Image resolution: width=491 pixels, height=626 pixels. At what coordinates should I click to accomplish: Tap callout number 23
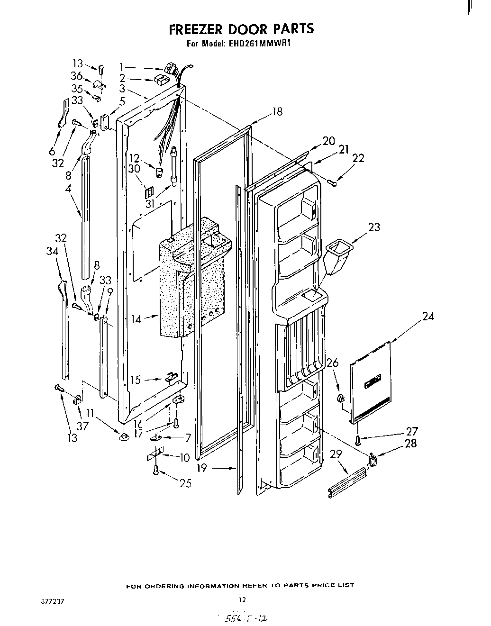tap(374, 227)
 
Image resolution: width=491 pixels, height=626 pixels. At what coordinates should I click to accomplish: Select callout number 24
tap(428, 316)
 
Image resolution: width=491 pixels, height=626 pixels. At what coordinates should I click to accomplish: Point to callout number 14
tap(136, 319)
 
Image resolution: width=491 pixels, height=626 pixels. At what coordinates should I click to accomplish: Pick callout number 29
tap(336, 454)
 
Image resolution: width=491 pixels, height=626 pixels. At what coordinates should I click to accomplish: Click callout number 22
tap(359, 158)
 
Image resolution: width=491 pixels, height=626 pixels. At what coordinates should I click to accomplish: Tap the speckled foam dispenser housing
tap(190, 280)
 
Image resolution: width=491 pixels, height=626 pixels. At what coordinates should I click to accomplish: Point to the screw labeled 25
tap(156, 470)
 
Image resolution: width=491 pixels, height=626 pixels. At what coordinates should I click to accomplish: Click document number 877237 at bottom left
tap(52, 600)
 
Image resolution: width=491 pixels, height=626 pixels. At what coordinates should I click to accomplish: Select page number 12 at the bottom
tap(242, 599)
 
